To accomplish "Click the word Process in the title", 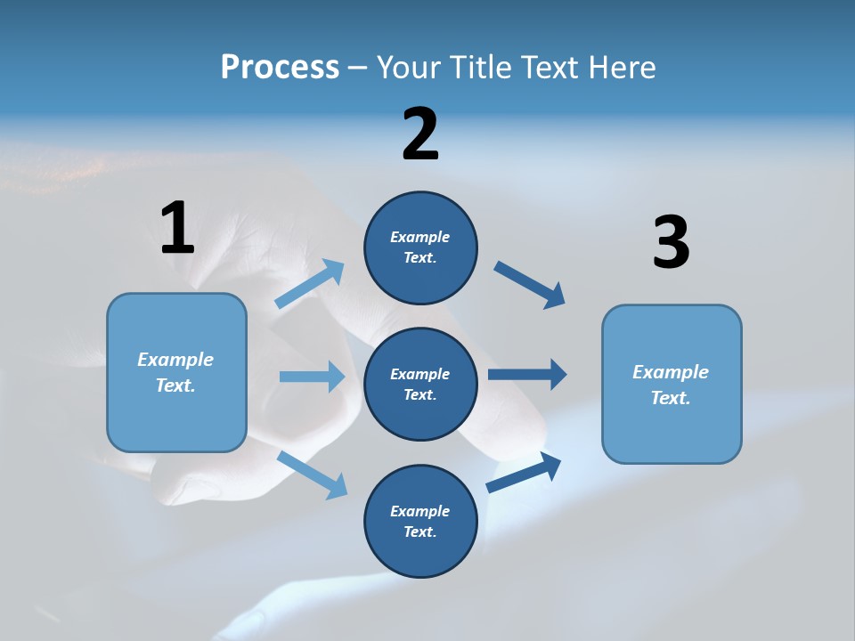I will click(x=280, y=67).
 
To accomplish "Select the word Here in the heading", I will click(x=621, y=67).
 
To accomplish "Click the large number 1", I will click(x=177, y=229).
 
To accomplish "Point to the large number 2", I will click(x=420, y=134).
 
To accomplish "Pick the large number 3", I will click(x=671, y=243).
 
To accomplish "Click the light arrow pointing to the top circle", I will click(x=310, y=284).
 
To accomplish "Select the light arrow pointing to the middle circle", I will click(x=312, y=377).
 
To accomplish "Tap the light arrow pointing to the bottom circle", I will click(x=313, y=475).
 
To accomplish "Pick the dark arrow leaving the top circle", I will click(x=530, y=285).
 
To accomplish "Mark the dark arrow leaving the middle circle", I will click(x=527, y=375).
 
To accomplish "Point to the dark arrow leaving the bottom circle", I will click(x=525, y=472).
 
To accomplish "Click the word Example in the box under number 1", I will click(x=175, y=360).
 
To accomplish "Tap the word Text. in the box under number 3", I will click(x=671, y=398).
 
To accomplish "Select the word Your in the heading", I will click(x=411, y=67).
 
